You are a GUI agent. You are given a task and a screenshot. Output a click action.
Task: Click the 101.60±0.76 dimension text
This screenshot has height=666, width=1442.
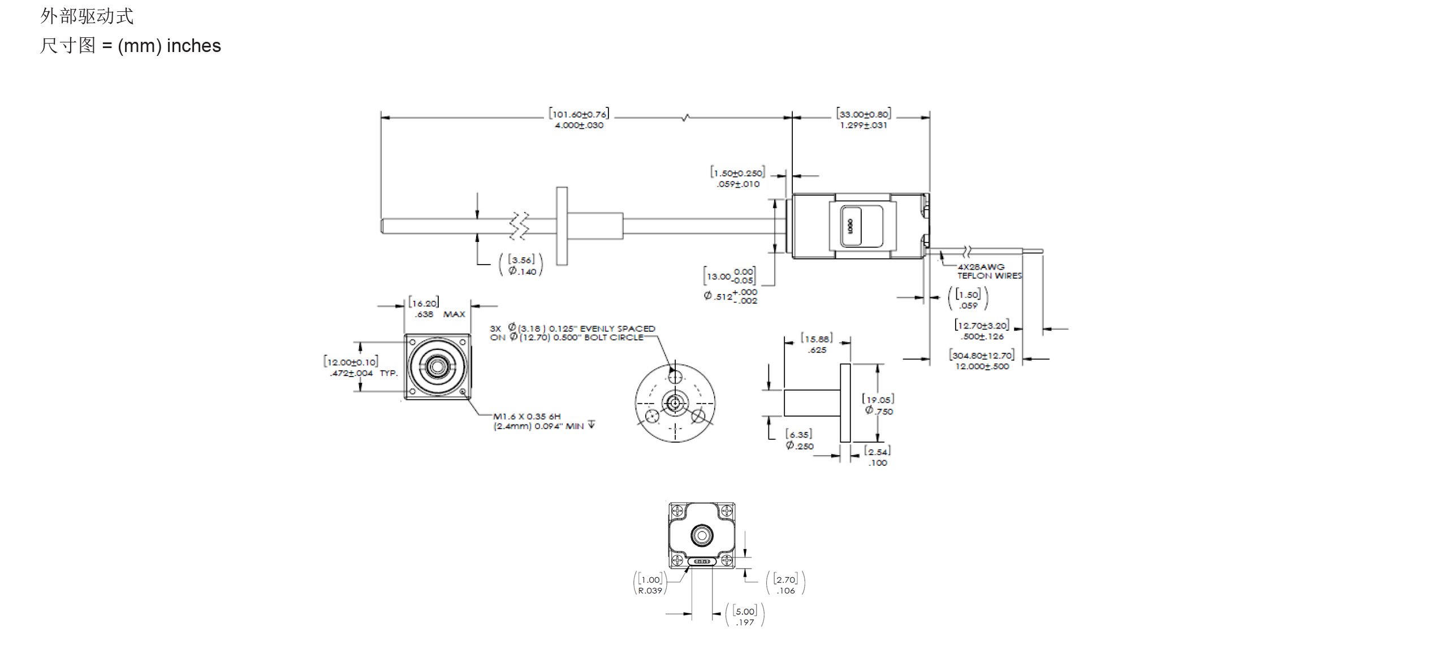point(579,119)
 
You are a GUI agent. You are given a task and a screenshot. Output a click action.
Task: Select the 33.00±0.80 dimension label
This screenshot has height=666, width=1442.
point(864,119)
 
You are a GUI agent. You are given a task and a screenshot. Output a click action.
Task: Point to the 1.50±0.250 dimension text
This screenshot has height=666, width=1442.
point(737,178)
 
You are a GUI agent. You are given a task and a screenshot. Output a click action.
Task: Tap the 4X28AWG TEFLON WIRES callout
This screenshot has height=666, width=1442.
point(988,271)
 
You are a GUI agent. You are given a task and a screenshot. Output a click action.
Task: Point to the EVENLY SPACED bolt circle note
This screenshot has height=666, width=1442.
point(572,333)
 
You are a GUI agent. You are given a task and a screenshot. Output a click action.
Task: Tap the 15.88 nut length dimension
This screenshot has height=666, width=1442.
point(817,344)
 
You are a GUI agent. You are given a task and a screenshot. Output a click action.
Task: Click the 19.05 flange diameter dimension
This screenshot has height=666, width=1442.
point(878,405)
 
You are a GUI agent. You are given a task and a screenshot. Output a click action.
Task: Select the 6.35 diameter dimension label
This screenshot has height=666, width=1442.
point(799,440)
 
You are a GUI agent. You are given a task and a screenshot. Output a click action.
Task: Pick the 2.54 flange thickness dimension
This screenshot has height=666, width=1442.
point(877,457)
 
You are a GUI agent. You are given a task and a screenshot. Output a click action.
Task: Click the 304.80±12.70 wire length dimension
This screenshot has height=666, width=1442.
point(982,360)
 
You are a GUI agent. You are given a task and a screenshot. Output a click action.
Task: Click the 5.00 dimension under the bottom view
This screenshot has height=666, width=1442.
point(745,616)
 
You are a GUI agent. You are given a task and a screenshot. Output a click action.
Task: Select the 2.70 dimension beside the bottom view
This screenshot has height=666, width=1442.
point(785,585)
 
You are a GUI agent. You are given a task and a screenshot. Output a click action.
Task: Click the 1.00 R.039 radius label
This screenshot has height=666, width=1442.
point(650,585)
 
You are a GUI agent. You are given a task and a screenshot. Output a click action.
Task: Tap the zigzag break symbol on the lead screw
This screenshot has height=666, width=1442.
point(519,226)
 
